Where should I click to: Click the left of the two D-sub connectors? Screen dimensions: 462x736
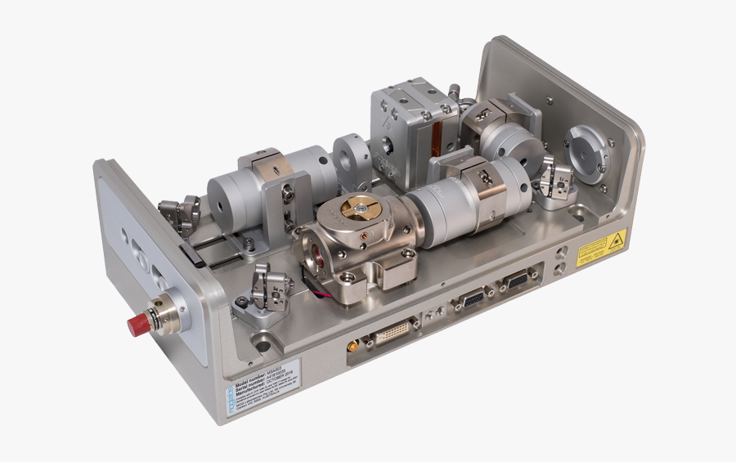coord(473,300)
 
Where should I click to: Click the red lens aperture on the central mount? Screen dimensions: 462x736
coord(314,258)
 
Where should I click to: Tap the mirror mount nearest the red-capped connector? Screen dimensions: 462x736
coord(263,293)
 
